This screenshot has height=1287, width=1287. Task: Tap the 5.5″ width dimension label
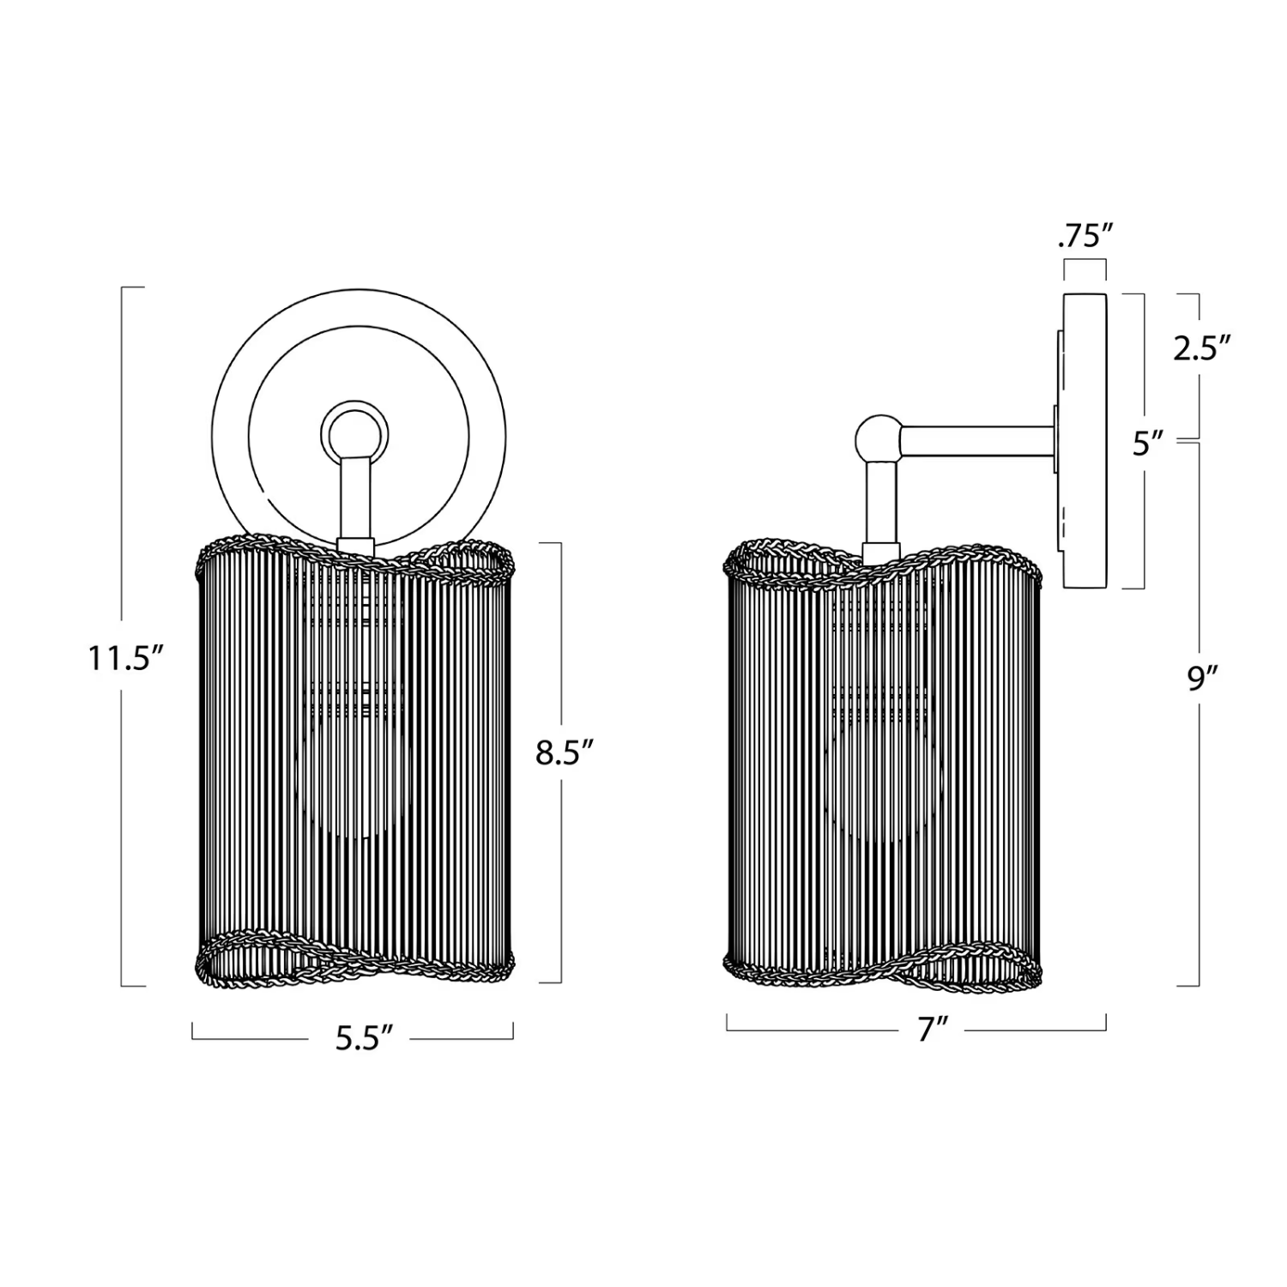click(364, 1038)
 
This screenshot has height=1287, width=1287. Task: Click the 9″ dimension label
click(1203, 678)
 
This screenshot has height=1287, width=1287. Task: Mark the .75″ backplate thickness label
click(1085, 236)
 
